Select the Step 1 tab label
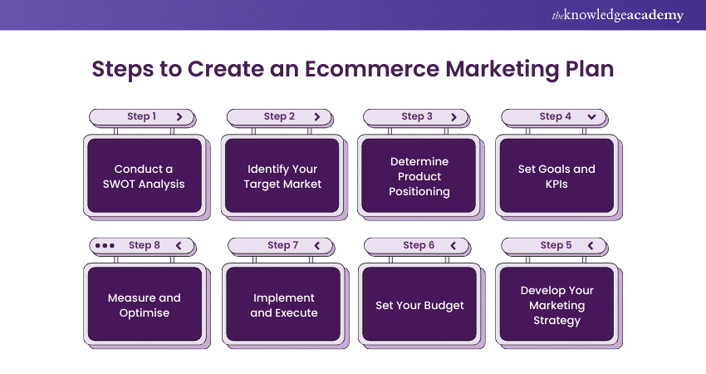[x=142, y=117]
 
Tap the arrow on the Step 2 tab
[x=316, y=117]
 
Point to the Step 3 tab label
[x=417, y=117]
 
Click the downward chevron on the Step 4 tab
[x=591, y=117]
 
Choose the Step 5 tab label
[x=556, y=245]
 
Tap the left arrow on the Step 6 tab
[x=453, y=246]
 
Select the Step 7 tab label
[x=282, y=246]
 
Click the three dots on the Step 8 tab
[x=105, y=246]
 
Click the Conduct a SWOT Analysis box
[x=145, y=176]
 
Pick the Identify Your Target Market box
[x=282, y=176]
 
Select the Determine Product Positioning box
[x=419, y=176]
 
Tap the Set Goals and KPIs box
[x=556, y=176]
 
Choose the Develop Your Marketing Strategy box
[x=556, y=305]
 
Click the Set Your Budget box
[x=419, y=305]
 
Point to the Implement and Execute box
[x=282, y=305]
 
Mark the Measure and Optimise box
[x=145, y=305]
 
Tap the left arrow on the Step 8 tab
[x=178, y=246]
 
